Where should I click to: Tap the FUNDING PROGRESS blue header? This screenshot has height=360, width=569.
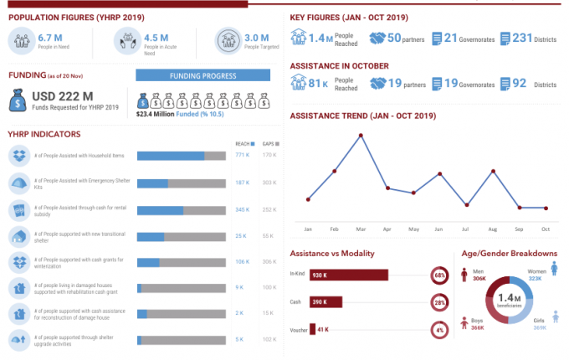click(x=202, y=75)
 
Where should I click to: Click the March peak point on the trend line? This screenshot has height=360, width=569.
click(x=361, y=135)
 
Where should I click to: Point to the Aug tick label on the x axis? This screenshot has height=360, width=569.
click(x=492, y=229)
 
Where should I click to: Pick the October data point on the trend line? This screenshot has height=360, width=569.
click(x=546, y=208)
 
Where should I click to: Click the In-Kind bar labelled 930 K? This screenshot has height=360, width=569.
click(x=349, y=275)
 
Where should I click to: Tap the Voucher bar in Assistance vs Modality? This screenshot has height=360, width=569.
click(x=313, y=330)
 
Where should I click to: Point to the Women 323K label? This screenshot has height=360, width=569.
click(x=536, y=275)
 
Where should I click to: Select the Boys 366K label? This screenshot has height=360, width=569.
click(x=478, y=324)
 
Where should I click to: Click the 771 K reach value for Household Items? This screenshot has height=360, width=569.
click(x=242, y=155)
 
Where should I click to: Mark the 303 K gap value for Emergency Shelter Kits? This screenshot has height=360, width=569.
click(x=269, y=182)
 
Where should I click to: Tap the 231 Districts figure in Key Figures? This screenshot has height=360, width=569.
click(x=523, y=38)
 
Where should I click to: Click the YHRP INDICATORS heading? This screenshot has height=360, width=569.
click(x=44, y=133)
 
